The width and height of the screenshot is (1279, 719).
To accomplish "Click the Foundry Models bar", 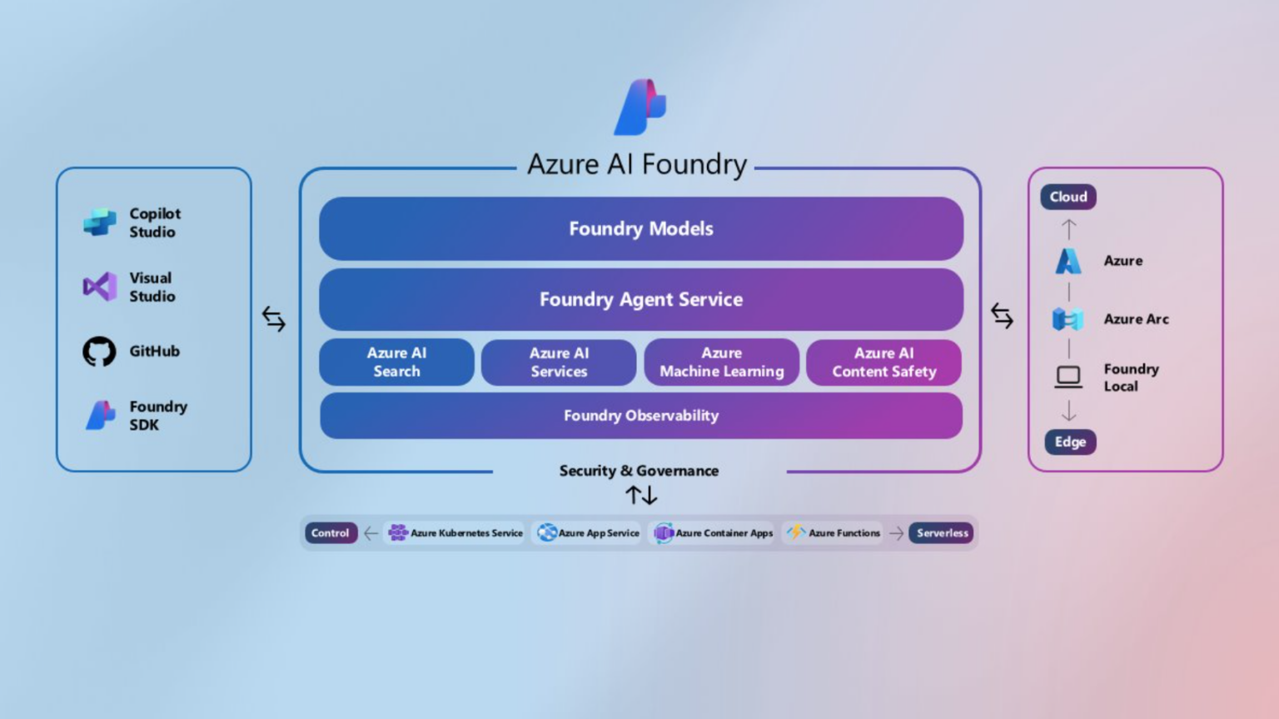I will pyautogui.click(x=640, y=228).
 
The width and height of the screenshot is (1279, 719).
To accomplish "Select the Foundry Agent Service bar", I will pyautogui.click(x=640, y=299).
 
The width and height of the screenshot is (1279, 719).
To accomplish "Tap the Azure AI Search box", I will pyautogui.click(x=396, y=362).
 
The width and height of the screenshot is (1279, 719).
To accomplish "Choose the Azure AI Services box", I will pyautogui.click(x=559, y=362).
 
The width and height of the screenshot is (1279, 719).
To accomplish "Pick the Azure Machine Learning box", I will pyautogui.click(x=721, y=362).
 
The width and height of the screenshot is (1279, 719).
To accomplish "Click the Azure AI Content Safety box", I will pyautogui.click(x=883, y=362).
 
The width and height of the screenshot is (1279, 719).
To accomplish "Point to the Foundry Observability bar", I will pyautogui.click(x=640, y=416).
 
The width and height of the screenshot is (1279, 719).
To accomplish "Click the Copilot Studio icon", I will pyautogui.click(x=100, y=222).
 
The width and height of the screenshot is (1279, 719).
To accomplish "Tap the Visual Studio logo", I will pyautogui.click(x=100, y=287).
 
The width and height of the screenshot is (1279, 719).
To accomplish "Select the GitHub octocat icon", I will pyautogui.click(x=99, y=352).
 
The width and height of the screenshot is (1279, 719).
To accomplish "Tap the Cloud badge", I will pyautogui.click(x=1068, y=197).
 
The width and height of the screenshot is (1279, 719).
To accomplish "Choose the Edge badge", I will pyautogui.click(x=1070, y=442).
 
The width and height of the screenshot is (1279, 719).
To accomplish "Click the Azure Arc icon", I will pyautogui.click(x=1067, y=319).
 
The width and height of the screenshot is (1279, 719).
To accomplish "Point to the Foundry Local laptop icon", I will pyautogui.click(x=1068, y=377).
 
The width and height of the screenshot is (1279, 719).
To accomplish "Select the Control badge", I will pyautogui.click(x=331, y=533).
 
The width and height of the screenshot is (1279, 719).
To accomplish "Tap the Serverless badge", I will pyautogui.click(x=942, y=533).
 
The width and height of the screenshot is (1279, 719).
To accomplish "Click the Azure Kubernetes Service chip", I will pyautogui.click(x=455, y=533).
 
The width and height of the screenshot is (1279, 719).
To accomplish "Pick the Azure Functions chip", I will pyautogui.click(x=834, y=533).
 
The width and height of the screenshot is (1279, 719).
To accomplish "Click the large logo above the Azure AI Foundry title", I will pyautogui.click(x=639, y=107).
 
